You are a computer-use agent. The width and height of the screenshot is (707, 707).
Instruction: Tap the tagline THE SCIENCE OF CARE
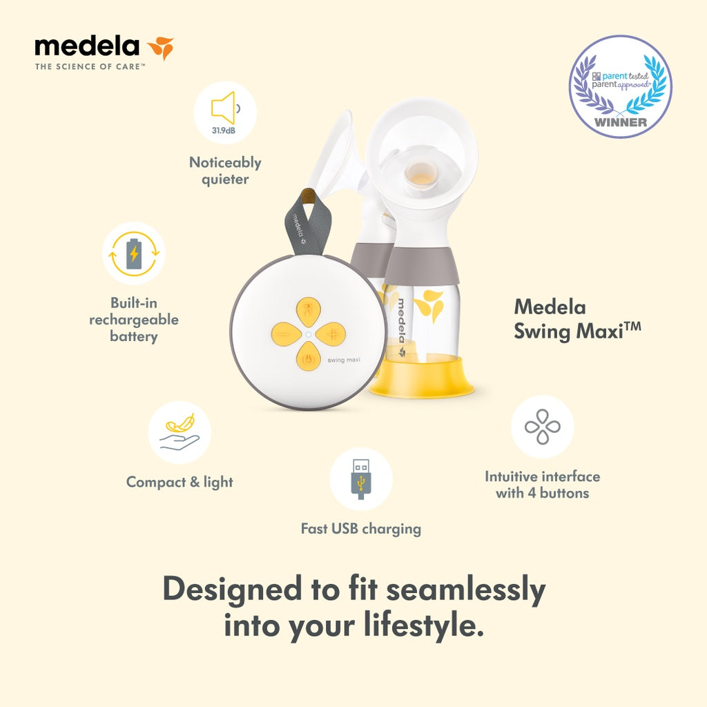click(x=90, y=67)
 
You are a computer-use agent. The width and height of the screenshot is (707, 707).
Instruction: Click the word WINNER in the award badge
click(x=621, y=122)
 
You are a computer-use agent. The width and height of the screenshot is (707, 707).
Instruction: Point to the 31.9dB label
click(x=224, y=130)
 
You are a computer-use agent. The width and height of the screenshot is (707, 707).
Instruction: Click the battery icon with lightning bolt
click(x=134, y=254)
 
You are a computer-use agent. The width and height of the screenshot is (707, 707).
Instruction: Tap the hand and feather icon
click(x=180, y=432)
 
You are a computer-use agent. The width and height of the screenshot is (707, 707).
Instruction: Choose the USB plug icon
click(x=360, y=479)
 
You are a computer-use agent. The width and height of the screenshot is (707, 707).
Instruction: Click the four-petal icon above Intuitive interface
click(x=543, y=427)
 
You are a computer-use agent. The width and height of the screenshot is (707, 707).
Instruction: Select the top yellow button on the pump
click(x=309, y=312)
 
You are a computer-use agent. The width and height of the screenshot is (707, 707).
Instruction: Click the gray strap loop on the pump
click(x=307, y=222)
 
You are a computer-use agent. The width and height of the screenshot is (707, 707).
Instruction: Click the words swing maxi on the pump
click(x=344, y=360)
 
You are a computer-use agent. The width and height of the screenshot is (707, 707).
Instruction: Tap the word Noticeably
click(x=226, y=162)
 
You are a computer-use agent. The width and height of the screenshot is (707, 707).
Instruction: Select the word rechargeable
click(x=134, y=320)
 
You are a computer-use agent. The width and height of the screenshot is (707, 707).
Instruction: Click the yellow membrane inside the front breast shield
click(x=422, y=174)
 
